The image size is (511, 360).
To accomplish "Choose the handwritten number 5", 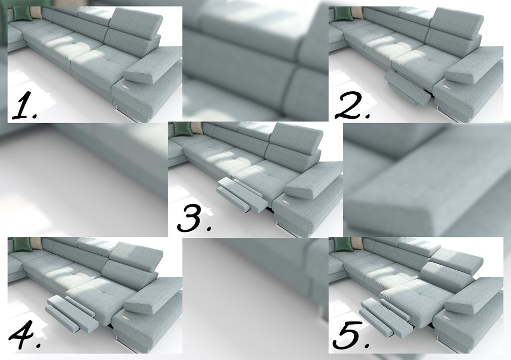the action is pos(351,336).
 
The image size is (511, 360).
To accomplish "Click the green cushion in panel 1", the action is pos(21,13).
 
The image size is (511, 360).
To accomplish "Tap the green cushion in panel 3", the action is pos(182,129).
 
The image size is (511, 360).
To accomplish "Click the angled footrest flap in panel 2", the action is pos(407,87).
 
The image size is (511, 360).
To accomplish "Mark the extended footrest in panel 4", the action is pos(72,314).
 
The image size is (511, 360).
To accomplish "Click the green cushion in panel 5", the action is pos(343,244).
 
